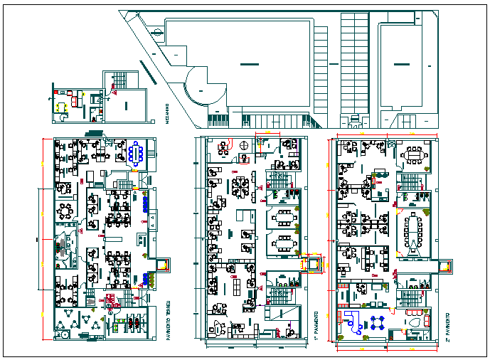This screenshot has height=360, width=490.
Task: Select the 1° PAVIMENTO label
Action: point(315,324)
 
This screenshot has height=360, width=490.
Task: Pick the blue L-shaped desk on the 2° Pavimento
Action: point(351,322)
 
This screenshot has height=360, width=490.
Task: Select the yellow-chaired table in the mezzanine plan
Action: point(62,107)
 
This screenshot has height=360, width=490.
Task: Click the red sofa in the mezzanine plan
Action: point(70,92)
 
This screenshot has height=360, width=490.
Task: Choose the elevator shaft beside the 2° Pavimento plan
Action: point(446,266)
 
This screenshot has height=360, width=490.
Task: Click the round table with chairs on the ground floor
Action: point(66,211)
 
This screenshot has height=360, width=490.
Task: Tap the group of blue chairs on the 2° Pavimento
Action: point(377,322)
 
